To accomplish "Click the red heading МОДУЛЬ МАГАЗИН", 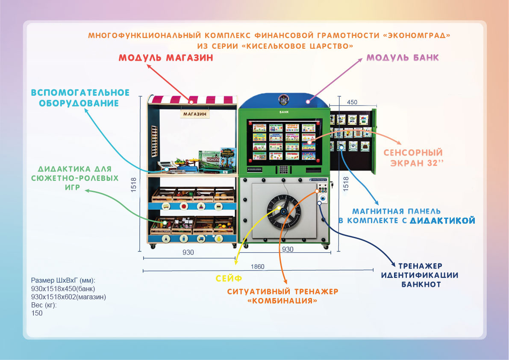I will pyautogui.click(x=165, y=58).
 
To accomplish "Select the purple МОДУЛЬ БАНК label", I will pyautogui.click(x=403, y=57).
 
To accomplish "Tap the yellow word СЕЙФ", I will pyautogui.click(x=229, y=278).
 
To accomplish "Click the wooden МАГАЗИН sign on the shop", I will pyautogui.click(x=194, y=114).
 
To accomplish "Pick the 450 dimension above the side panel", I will pyautogui.click(x=352, y=102).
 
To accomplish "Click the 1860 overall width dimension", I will pyautogui.click(x=258, y=266).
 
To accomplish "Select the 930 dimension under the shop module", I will pyautogui.click(x=188, y=252).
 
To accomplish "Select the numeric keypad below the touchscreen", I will pyautogui.click(x=282, y=170).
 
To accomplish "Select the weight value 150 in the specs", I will pyautogui.click(x=37, y=313).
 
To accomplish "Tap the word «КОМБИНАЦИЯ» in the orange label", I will pyautogui.click(x=282, y=301).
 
